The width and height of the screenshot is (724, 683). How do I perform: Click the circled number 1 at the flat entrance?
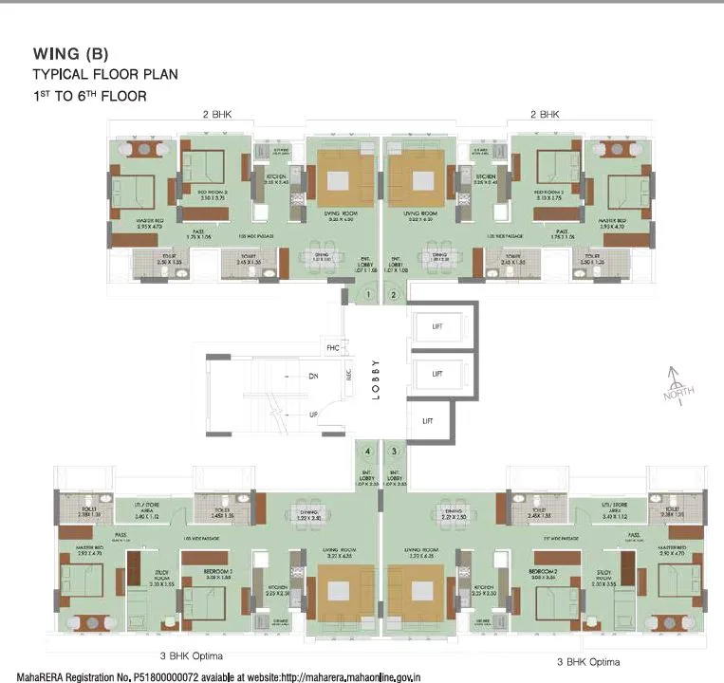click(x=368, y=295)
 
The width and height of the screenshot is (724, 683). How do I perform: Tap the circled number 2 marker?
click(x=394, y=295)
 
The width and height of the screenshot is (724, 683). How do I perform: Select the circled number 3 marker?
click(x=394, y=452)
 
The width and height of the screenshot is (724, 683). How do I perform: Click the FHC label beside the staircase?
click(x=332, y=347)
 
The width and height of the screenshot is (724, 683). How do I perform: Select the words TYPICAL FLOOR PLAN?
click(x=104, y=74)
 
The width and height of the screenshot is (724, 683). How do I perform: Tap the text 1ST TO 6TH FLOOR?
click(x=89, y=96)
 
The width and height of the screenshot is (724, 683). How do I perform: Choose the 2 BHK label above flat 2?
click(x=545, y=114)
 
